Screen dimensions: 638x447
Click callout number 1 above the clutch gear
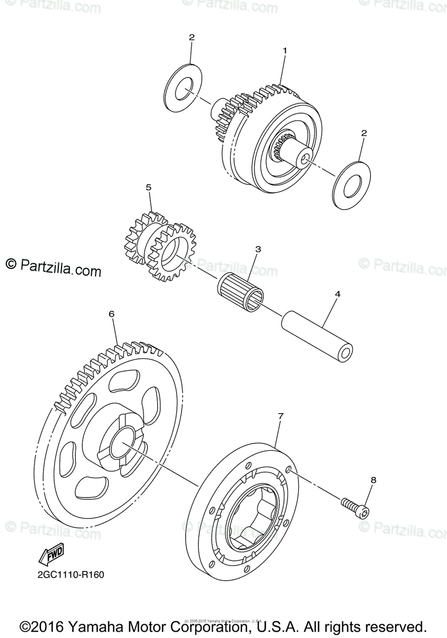point(285,51)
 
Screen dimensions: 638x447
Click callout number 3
point(258,249)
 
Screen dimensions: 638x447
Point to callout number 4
point(338,293)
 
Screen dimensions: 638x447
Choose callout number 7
point(281,415)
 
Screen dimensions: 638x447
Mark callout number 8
point(373,480)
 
